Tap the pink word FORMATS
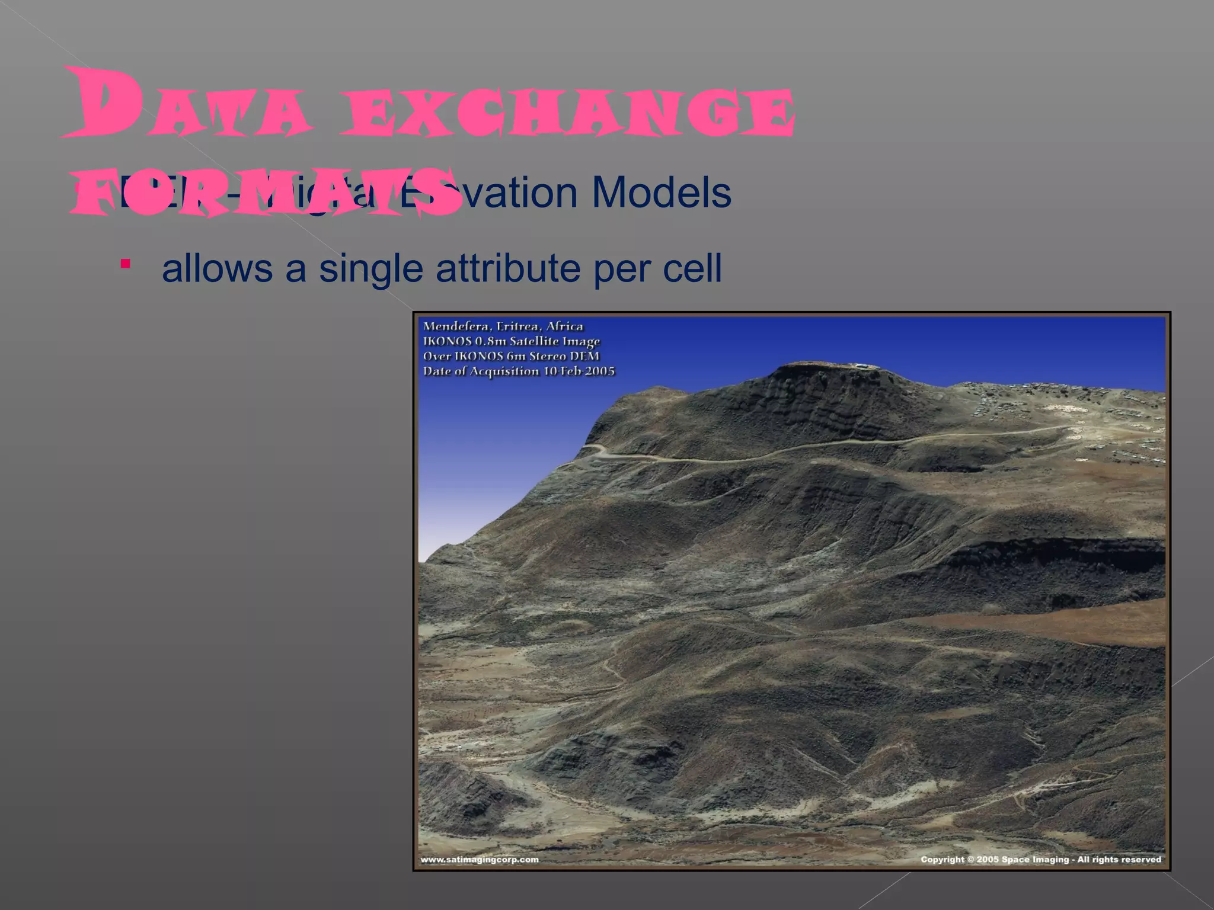point(267,193)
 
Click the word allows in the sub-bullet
point(217,268)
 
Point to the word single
point(371,268)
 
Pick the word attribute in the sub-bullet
point(508,268)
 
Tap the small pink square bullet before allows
point(125,264)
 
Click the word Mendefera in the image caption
point(456,326)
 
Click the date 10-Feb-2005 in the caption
point(579,371)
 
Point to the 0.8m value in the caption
point(490,342)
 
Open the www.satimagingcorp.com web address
point(480,860)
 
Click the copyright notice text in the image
point(1040,860)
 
